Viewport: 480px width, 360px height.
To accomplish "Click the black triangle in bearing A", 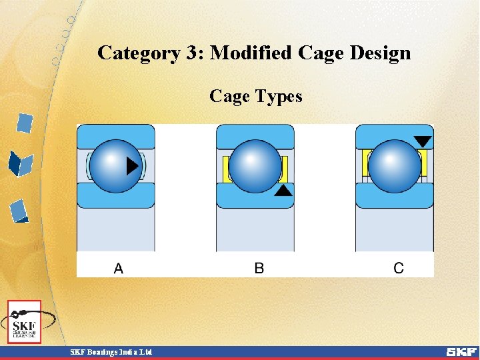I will pos(133,165).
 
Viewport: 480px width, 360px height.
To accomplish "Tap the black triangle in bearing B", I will pos(283,191).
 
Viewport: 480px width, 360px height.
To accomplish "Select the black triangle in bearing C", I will pos(423,141).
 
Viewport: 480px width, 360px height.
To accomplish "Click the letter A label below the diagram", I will pos(119,268).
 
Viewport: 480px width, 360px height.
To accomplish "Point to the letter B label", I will pos(259,268).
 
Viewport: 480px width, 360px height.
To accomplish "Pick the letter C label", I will pos(399,268).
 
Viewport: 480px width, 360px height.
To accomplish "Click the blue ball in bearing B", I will pos(255,166).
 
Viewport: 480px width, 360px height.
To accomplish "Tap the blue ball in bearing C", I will pos(394,166).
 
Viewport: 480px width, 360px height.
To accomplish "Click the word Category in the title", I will pos(138,53).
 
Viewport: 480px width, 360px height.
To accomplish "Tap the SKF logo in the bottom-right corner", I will pos(461,351).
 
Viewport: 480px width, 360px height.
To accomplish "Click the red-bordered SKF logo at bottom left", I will pos(24,322).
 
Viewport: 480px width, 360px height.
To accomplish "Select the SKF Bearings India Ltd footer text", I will pos(111,351).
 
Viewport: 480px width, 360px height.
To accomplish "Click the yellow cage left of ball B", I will pos(227,167).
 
